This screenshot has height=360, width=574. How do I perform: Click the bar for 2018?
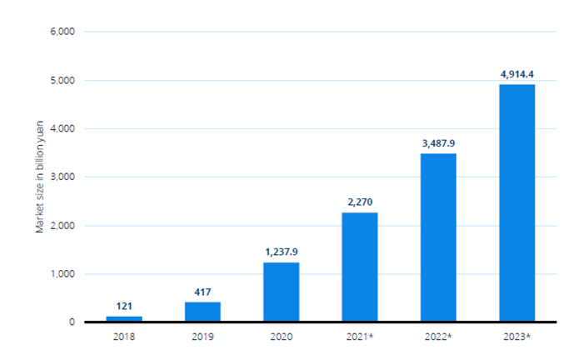[124, 318]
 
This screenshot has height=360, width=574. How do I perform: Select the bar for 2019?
[202, 312]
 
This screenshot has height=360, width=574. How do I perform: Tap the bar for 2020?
[281, 292]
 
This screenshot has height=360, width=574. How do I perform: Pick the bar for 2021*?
[360, 267]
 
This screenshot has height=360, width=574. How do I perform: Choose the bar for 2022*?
[438, 237]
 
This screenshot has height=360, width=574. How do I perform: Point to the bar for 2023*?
[517, 202]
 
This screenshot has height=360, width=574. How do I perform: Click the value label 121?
[124, 307]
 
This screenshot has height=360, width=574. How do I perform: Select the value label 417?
[202, 292]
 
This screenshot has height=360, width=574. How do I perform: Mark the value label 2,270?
[360, 202]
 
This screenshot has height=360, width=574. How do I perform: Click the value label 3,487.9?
[438, 143]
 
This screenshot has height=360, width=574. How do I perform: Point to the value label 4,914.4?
[517, 74]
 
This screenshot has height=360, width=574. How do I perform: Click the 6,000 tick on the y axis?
[63, 32]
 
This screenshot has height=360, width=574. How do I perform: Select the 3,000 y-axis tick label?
[63, 177]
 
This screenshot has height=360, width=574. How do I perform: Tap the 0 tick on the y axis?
[72, 322]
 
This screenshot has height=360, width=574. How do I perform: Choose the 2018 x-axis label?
[124, 337]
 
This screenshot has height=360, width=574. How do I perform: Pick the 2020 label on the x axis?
[281, 337]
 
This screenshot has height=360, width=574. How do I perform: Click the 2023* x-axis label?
[517, 337]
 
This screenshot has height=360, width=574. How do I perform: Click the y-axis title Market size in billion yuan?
[40, 177]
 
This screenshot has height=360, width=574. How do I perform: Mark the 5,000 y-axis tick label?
[63, 81]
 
